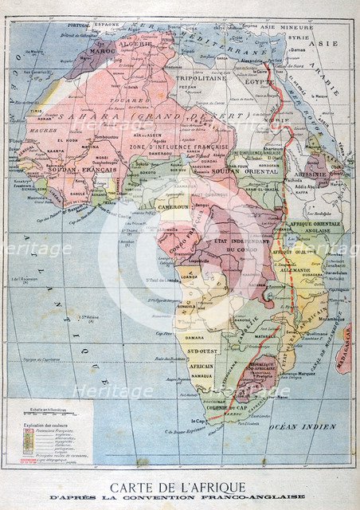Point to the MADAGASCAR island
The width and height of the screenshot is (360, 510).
pos(344,347)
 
